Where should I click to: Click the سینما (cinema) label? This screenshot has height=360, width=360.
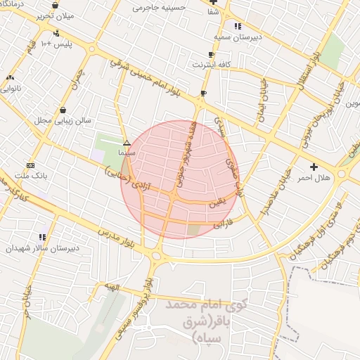click(x=127, y=152)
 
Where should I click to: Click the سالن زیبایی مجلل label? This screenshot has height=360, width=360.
click(x=64, y=120)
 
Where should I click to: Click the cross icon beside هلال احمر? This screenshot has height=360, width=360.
click(x=314, y=167)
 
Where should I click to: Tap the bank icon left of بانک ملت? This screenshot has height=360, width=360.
click(x=30, y=165)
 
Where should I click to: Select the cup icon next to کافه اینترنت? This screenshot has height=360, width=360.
click(x=211, y=54)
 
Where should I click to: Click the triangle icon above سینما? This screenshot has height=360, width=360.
click(x=127, y=142)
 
